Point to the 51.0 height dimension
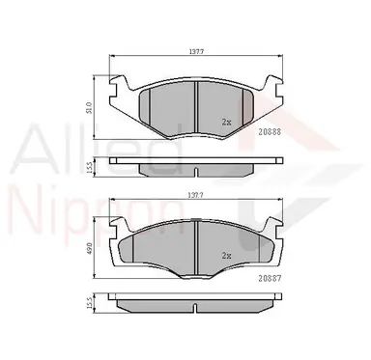(90, 107)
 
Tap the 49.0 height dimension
(90, 247)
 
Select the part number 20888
(270, 131)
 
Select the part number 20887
(270, 279)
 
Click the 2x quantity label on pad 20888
(226, 122)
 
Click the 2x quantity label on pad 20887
(226, 256)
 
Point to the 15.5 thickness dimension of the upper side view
(90, 167)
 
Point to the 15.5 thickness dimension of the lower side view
(90, 303)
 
